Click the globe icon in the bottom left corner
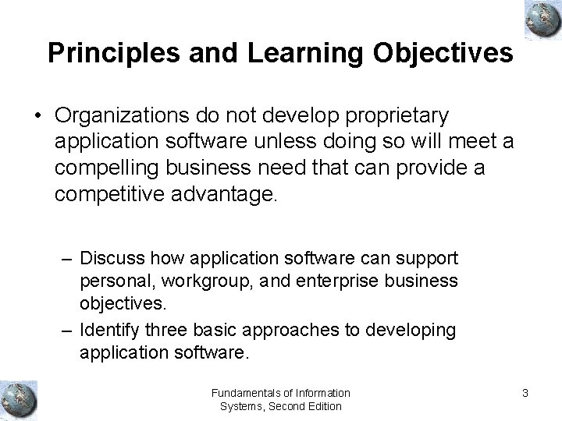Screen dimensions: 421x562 [x=19, y=399]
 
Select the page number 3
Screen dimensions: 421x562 [x=525, y=393]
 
